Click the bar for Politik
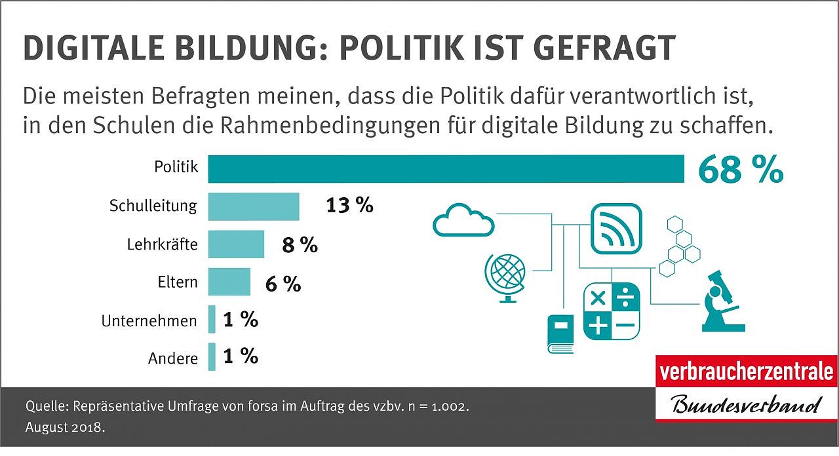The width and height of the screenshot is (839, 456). pyautogui.click(x=446, y=168)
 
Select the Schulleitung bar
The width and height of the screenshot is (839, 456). pyautogui.click(x=254, y=206)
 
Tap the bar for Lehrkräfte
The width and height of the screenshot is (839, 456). pyautogui.click(x=236, y=244)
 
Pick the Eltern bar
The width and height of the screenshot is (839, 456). pyautogui.click(x=229, y=282)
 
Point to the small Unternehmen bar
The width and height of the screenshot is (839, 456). pyautogui.click(x=212, y=320)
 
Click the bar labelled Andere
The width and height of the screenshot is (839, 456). pyautogui.click(x=212, y=357)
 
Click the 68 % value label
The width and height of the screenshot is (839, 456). pyautogui.click(x=740, y=170)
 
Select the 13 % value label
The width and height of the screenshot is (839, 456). pyautogui.click(x=349, y=206)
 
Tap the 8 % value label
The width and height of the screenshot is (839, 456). pyautogui.click(x=300, y=245)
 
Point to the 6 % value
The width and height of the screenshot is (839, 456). pyautogui.click(x=283, y=284)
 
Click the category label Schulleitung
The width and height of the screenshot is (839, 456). pyautogui.click(x=153, y=206)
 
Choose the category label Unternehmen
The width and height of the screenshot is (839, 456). pyautogui.click(x=149, y=321)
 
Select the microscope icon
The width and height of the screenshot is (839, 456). pyautogui.click(x=722, y=301)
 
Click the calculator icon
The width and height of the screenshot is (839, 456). pyautogui.click(x=611, y=311)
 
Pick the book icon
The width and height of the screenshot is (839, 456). pyautogui.click(x=560, y=333)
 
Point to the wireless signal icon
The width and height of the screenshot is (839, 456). pyautogui.click(x=616, y=229)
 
